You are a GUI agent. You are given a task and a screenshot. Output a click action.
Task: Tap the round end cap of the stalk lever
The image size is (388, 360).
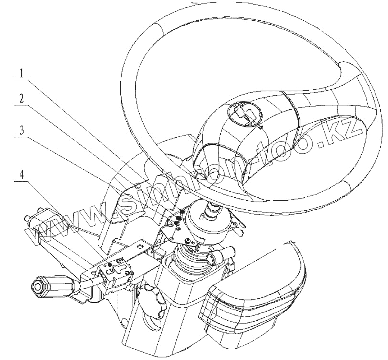click(37, 286)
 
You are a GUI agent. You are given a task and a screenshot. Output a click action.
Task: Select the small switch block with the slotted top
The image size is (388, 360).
click(114, 271)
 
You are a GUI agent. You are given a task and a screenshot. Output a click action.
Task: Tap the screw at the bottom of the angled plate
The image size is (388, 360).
click(189, 240)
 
